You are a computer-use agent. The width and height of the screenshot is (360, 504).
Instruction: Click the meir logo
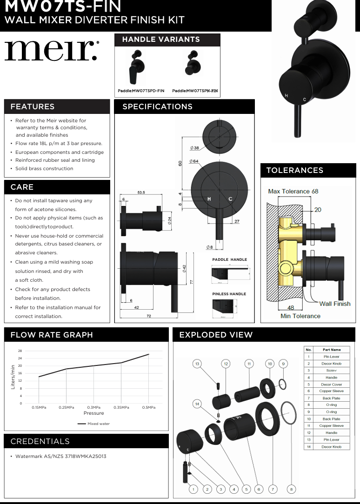[51, 51]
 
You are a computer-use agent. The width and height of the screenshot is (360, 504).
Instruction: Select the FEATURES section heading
[33, 106]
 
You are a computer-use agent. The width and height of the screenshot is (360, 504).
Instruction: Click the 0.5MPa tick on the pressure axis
[149, 407]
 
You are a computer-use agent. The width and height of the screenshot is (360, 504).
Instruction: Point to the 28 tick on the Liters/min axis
[20, 351]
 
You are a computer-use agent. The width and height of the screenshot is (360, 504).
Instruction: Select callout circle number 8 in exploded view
[291, 489]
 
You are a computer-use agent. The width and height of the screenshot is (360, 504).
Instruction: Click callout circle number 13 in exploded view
[197, 363]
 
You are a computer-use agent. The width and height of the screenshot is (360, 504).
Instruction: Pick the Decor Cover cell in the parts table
[331, 385]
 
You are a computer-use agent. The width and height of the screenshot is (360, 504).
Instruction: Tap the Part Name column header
[331, 350]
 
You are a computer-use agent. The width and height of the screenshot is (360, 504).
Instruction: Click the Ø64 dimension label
[194, 161]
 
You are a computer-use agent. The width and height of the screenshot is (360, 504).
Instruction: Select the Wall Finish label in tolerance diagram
[334, 304]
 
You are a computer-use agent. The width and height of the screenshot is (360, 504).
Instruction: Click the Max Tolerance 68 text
[293, 191]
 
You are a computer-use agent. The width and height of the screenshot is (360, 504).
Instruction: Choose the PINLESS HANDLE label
[229, 294]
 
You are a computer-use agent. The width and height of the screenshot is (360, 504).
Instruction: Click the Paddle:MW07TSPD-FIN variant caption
[141, 91]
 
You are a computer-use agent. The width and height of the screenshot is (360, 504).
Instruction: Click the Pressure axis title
[93, 413]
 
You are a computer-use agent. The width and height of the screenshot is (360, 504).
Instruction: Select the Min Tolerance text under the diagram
[300, 316]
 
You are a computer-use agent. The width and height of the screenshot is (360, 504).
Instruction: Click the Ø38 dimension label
[194, 148]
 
